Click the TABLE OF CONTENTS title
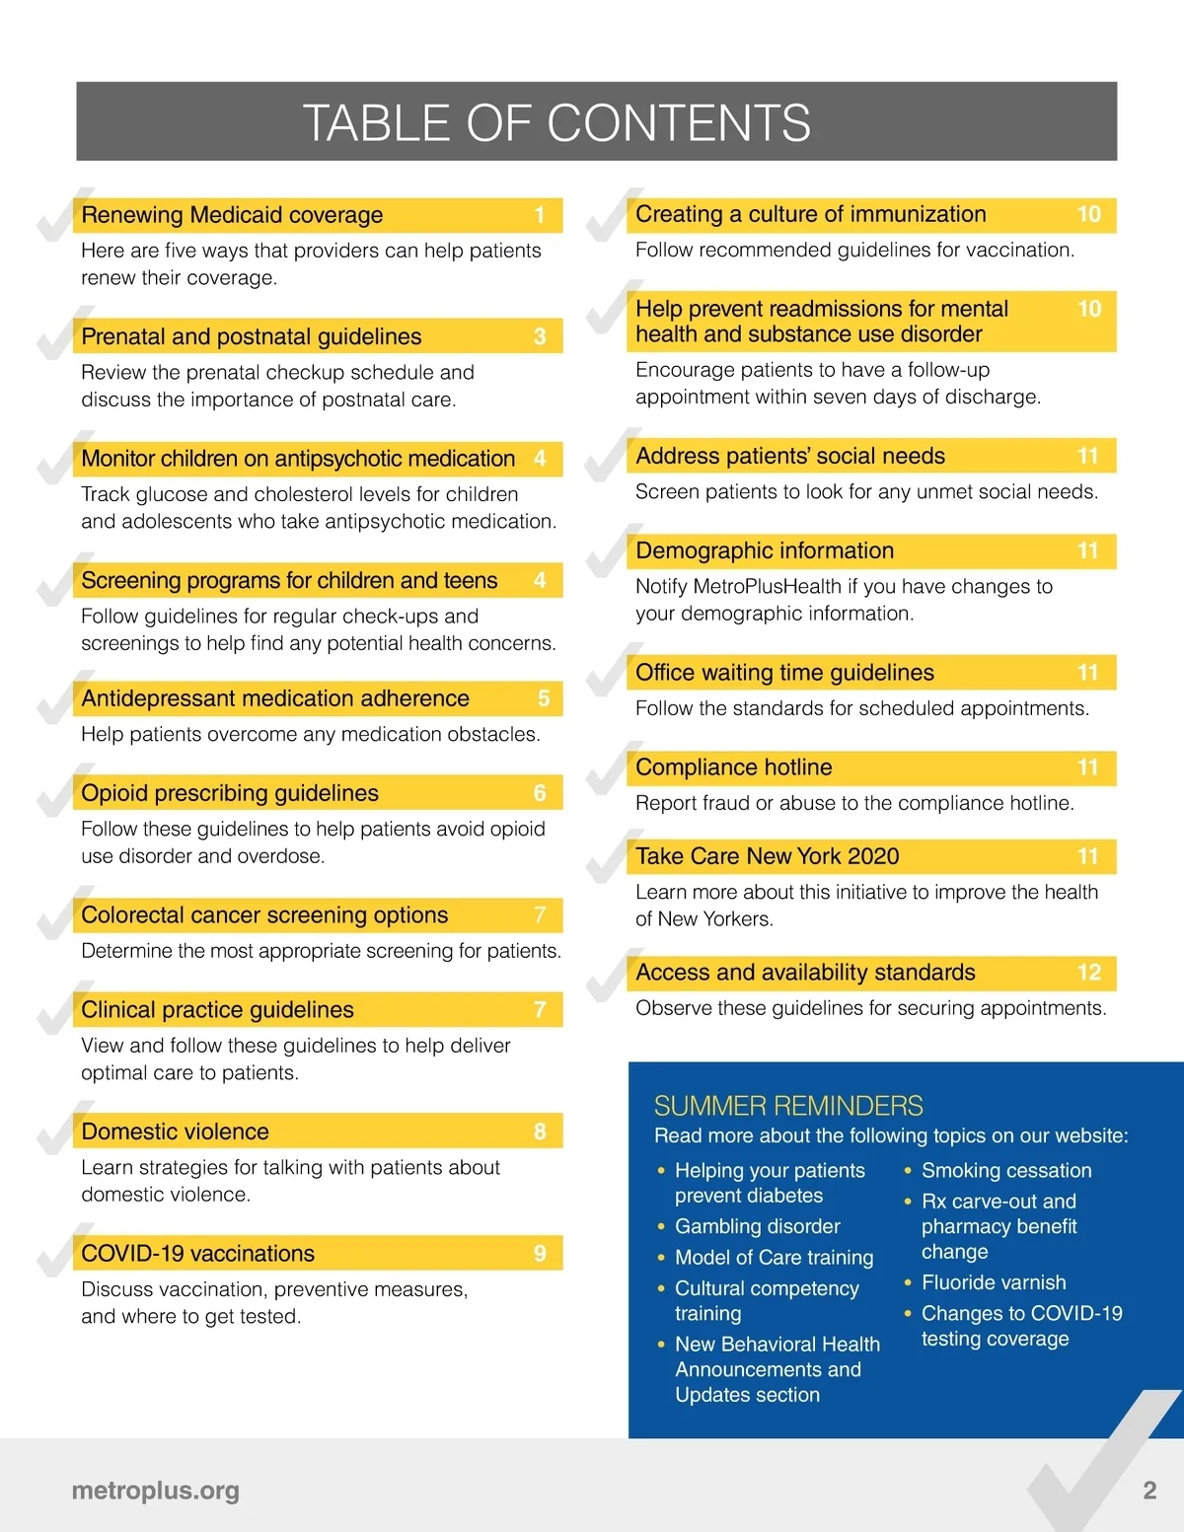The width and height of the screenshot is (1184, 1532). tap(556, 123)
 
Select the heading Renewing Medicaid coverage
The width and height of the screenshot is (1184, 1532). tap(232, 215)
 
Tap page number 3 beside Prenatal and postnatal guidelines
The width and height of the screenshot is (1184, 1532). tap(540, 336)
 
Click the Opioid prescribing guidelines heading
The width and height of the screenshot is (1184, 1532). tap(230, 793)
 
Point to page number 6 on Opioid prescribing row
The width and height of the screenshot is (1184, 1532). tap(540, 793)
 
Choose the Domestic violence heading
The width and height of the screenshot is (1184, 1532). tap(175, 1131)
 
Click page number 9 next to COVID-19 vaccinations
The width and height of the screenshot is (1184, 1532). tap(540, 1254)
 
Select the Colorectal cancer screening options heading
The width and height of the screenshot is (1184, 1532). tap(264, 915)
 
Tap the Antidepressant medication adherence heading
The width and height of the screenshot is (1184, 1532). tap(275, 698)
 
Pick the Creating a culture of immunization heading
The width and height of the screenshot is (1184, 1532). tap(810, 214)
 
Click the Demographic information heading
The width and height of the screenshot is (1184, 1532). tap(765, 550)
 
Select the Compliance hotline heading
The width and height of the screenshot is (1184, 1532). tap(734, 767)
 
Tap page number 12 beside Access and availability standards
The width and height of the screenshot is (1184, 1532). tap(1088, 973)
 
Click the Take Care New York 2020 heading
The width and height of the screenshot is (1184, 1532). tap(767, 856)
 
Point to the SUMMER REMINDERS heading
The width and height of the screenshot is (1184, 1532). tap(788, 1106)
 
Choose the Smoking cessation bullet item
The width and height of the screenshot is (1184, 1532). tap(1006, 1171)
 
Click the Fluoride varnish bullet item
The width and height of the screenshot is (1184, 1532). tap(994, 1282)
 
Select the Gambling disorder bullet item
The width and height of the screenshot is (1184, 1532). tap(757, 1226)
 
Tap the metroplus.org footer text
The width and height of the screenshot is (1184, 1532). tap(156, 1491)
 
